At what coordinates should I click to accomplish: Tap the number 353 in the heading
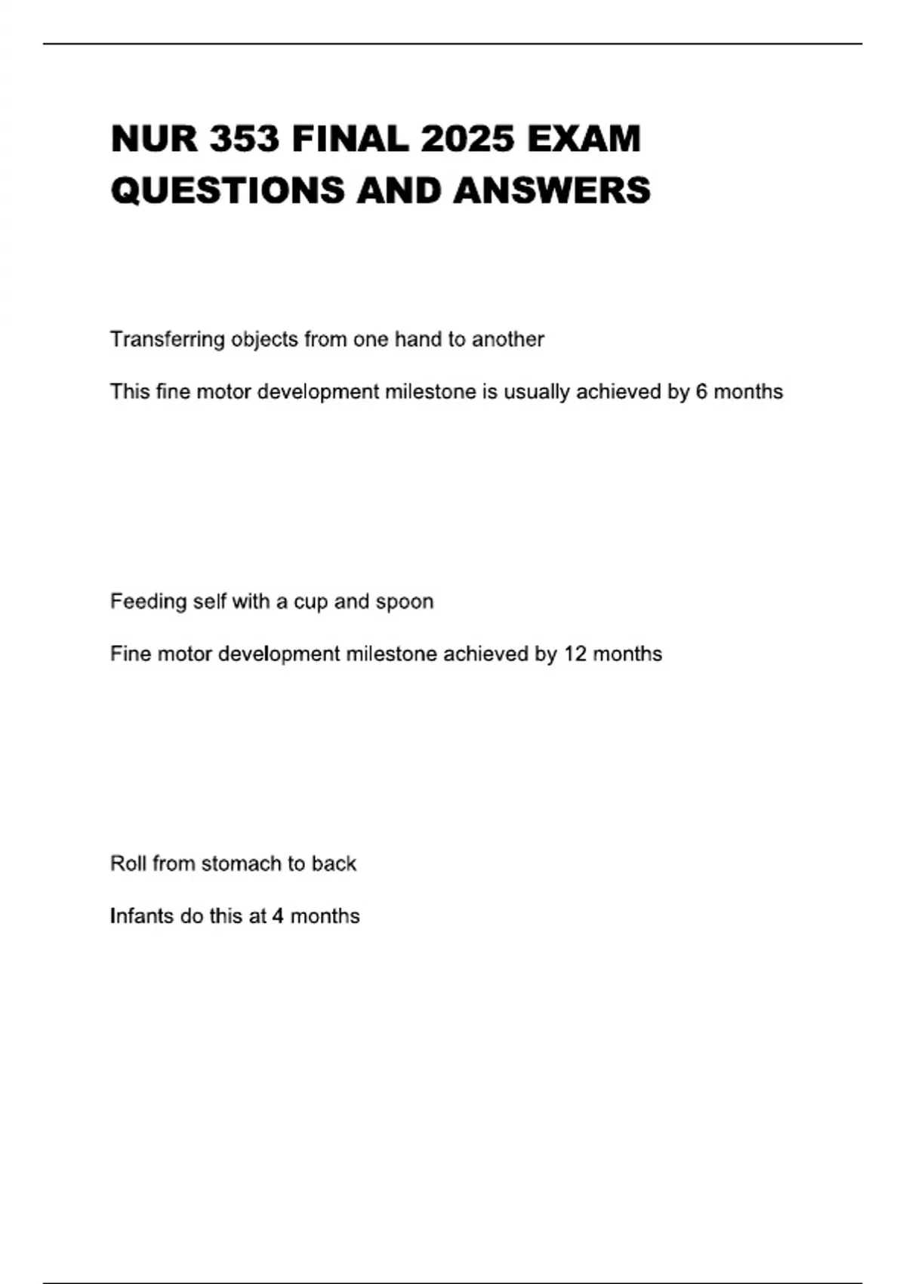tap(244, 140)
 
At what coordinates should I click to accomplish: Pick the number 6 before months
tap(701, 392)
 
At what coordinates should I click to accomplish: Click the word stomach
tap(239, 863)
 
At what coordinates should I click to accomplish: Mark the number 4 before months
tap(278, 916)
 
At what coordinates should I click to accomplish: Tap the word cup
tap(310, 602)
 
